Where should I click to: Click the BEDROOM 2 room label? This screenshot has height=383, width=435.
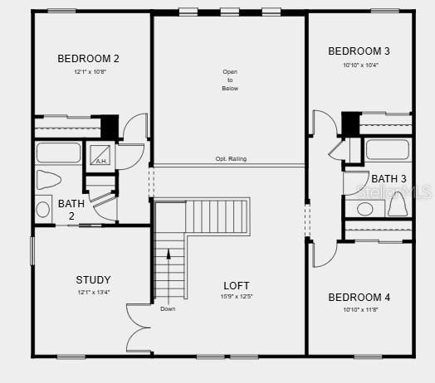[88, 58]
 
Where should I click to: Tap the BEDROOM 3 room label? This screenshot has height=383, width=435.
[359, 51]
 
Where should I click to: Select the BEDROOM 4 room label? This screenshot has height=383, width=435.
[359, 297]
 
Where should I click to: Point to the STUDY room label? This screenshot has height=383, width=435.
[93, 279]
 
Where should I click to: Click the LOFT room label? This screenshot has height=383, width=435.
[236, 285]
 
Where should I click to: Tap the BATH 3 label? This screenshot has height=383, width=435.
[389, 178]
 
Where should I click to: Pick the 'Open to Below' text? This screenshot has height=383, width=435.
[230, 80]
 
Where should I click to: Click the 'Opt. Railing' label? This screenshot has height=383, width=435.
[231, 159]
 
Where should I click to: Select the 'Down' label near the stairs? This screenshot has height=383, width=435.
[168, 309]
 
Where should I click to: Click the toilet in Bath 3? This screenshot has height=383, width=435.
[397, 202]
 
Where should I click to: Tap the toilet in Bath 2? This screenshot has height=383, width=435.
[51, 181]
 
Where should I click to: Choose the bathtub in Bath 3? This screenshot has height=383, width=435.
[387, 150]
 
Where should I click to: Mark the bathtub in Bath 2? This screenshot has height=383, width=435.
[58, 153]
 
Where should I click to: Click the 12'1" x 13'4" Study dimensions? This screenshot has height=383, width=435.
[93, 292]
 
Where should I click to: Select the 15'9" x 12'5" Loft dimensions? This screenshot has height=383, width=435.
[236, 297]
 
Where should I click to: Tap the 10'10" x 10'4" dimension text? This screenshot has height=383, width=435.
[360, 65]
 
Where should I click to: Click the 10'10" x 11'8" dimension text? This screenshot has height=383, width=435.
[360, 309]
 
